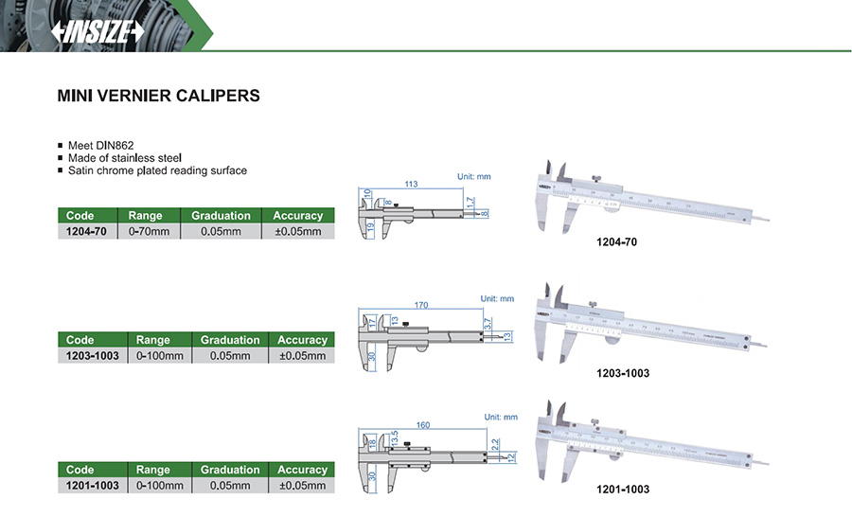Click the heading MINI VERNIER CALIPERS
pos(158,96)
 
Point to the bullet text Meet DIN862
pos(100,145)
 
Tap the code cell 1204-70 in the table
pos(86,231)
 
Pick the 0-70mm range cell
pos(149,231)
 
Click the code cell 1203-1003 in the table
pos(93,355)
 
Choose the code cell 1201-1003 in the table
pos(93,485)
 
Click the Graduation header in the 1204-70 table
pos(221,215)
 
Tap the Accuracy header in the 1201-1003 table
pos(301,470)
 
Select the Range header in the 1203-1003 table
pos(152,340)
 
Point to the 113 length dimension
pos(412,183)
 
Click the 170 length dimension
pos(422,306)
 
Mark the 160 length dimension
pos(423,425)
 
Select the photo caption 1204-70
pos(616,242)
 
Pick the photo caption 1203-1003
pos(623,373)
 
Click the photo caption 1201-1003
pos(623,490)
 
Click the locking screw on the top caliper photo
pos(595,179)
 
